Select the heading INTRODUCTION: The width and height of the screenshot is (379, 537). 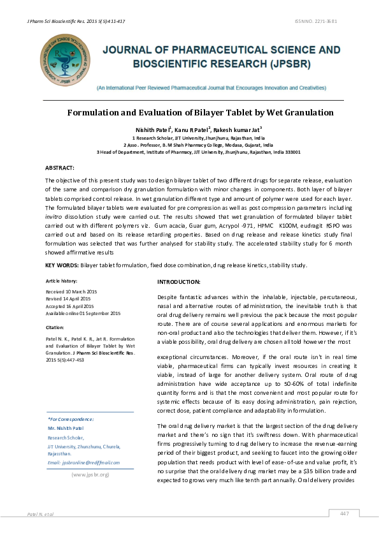click(x=178, y=282)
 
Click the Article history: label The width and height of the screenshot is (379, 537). click(x=62, y=281)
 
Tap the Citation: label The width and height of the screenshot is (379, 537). click(x=55, y=327)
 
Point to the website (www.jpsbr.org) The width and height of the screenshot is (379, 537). click(x=90, y=474)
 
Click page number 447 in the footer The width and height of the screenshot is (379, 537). click(x=345, y=514)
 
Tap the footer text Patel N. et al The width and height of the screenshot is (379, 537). click(x=39, y=514)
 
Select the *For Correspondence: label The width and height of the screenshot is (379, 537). click(x=71, y=419)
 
